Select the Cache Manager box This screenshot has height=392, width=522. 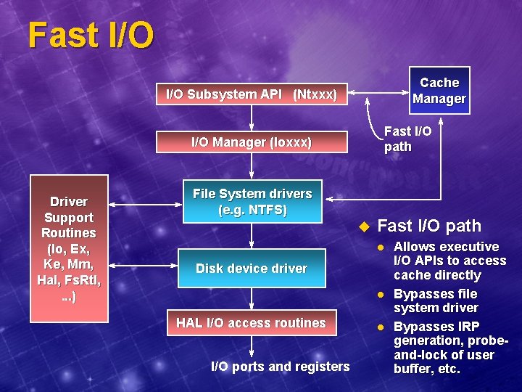(439, 91)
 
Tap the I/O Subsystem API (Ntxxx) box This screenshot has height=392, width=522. (252, 94)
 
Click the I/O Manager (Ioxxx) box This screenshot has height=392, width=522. (252, 142)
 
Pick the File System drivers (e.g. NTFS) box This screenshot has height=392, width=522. (252, 202)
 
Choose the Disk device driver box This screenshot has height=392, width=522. (252, 268)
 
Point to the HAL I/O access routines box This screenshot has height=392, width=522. (252, 323)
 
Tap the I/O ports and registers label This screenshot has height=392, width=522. (280, 367)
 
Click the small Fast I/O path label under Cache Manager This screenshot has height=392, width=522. (407, 139)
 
